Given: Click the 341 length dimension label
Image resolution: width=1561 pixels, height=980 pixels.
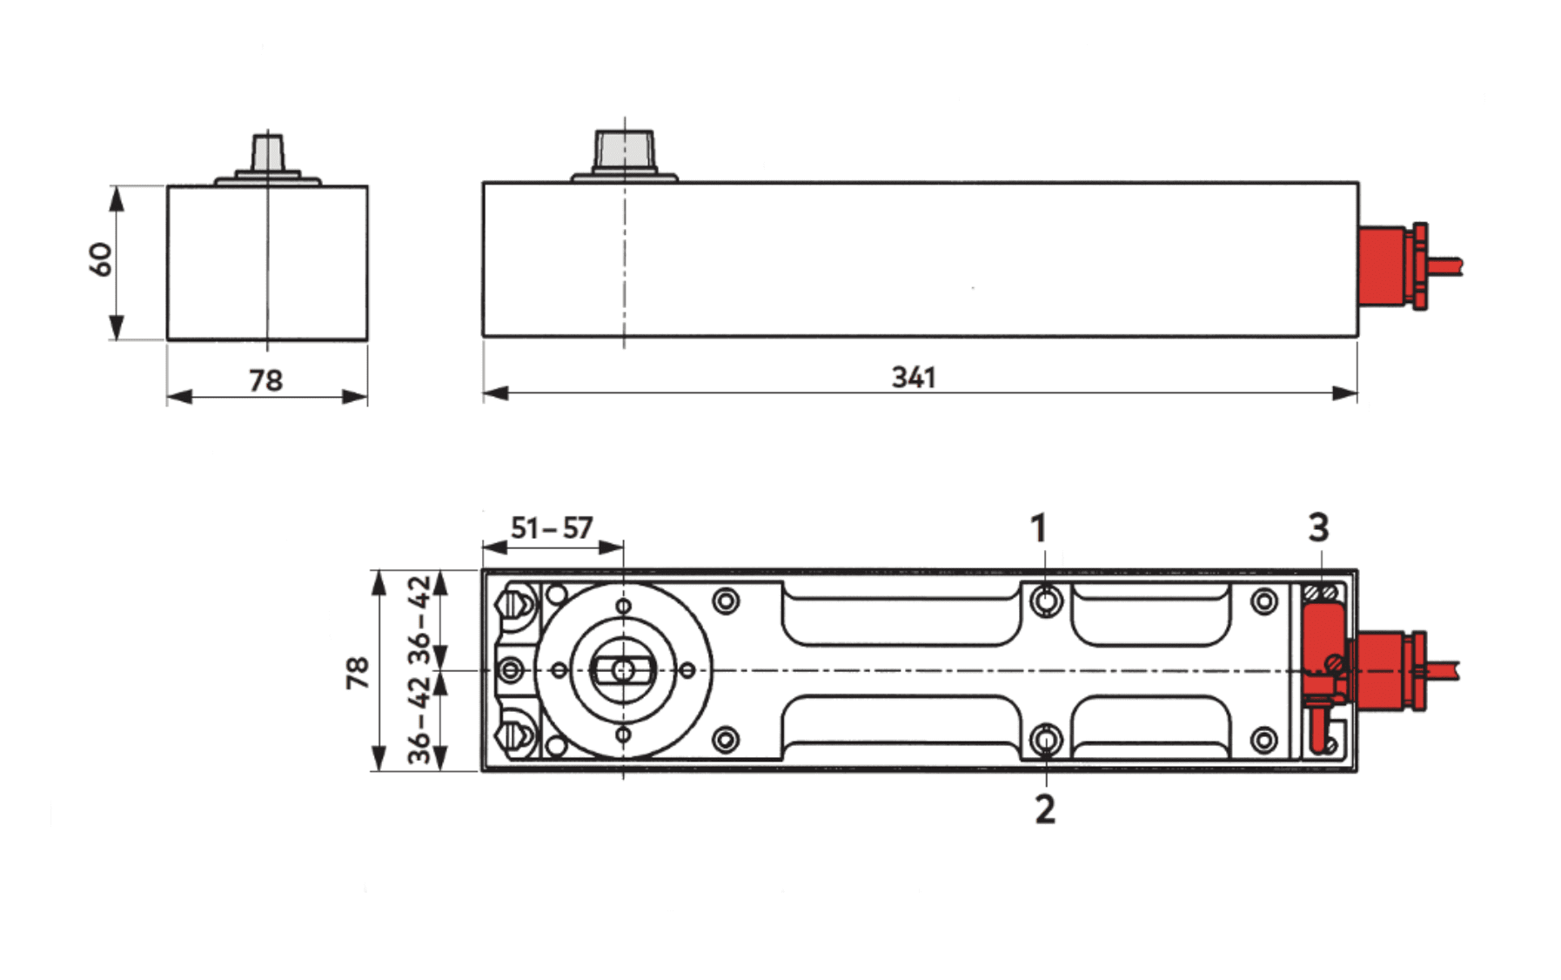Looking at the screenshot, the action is tap(914, 378).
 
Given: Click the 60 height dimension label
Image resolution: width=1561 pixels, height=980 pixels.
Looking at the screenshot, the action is tap(101, 259).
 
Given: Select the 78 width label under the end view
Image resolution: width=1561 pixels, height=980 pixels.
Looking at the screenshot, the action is tap(265, 380).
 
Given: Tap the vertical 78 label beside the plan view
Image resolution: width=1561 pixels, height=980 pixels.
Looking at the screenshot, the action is tap(358, 673).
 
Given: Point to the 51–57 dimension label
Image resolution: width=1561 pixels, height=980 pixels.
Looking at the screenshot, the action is tap(552, 528).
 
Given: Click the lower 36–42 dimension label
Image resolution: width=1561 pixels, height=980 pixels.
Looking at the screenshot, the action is tap(420, 721).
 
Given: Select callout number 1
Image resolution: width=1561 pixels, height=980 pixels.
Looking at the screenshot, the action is tap(1038, 528).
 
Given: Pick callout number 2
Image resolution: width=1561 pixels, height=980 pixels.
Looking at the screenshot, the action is tap(1045, 809).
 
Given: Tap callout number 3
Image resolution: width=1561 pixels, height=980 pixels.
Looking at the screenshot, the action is tap(1318, 527).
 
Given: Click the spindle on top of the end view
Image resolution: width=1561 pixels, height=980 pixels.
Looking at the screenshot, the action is tap(268, 152).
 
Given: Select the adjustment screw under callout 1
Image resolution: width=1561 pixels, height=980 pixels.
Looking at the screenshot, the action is tap(1046, 601).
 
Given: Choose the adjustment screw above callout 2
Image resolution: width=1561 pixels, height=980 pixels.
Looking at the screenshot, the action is tap(1046, 740).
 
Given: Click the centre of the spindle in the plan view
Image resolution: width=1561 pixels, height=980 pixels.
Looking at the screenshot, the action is tap(623, 670).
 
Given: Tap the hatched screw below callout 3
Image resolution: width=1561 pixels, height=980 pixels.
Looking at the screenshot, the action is tap(1322, 593).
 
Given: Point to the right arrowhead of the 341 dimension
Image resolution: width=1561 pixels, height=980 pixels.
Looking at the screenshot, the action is tap(1345, 393).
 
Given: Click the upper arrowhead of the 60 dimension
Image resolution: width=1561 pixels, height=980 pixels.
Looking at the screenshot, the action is tap(117, 198).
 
